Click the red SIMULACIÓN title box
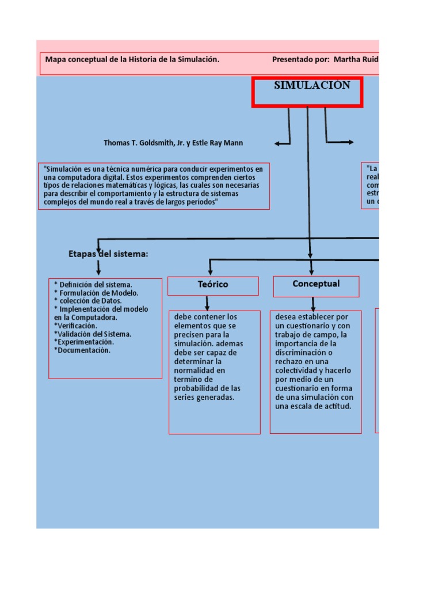307,92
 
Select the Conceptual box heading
316,284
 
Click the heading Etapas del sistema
108,254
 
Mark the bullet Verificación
76,326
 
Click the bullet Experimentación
84,342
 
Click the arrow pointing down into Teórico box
207,303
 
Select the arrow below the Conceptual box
313,304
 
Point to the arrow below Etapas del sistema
98,267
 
